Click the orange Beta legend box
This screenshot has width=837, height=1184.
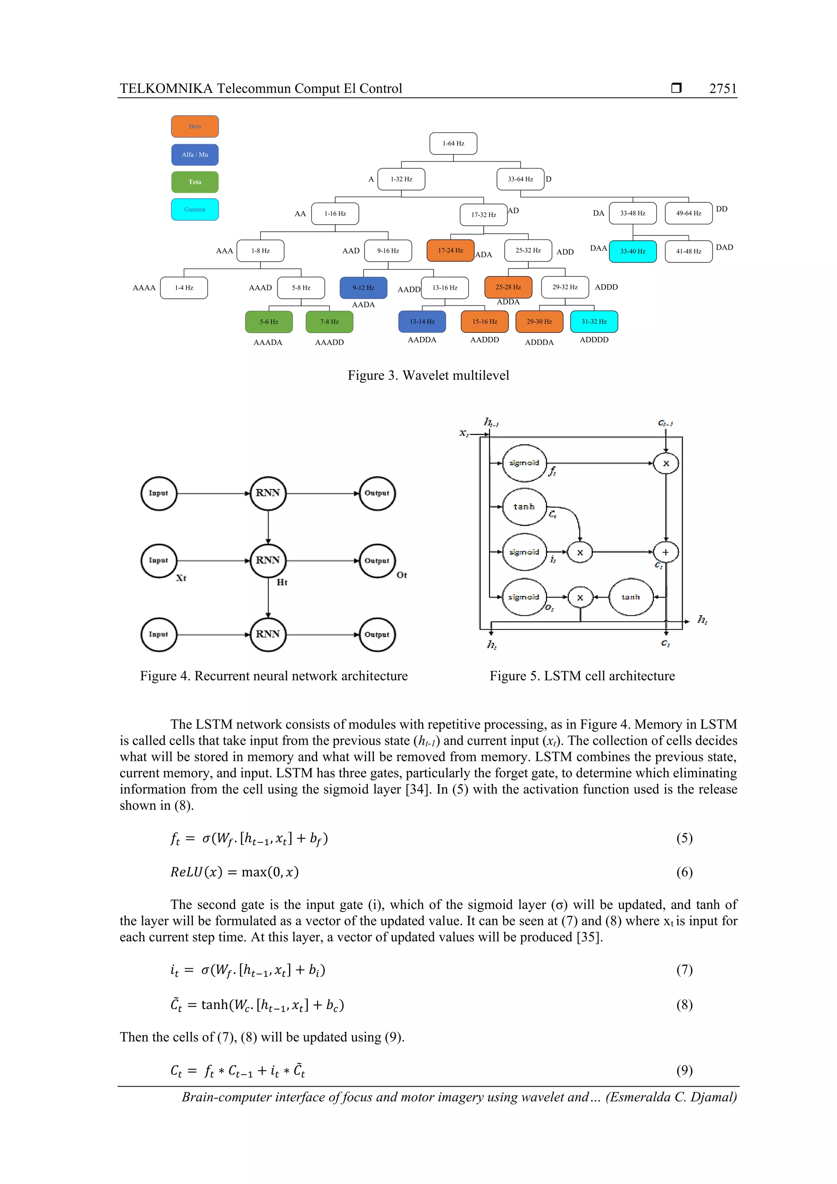coord(195,126)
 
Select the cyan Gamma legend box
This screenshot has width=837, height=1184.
coord(195,209)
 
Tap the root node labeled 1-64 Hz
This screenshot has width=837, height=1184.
coord(453,143)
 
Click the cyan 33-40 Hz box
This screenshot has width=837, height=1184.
coord(632,252)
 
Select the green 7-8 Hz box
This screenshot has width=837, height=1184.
coord(329,322)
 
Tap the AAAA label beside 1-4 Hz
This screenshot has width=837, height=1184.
coord(144,288)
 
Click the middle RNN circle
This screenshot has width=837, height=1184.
coord(268,561)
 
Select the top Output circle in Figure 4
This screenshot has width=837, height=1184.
coord(377,494)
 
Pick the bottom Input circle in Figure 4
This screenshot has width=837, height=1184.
coord(158,634)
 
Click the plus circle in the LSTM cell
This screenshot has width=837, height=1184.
coord(665,552)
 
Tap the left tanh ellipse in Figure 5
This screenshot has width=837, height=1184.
coord(524,507)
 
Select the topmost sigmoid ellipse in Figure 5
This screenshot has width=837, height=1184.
coord(524,463)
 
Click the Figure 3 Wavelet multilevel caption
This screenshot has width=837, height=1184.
coord(428,376)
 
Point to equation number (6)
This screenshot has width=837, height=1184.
coord(684,872)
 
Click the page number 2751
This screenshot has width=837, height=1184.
coord(723,89)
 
